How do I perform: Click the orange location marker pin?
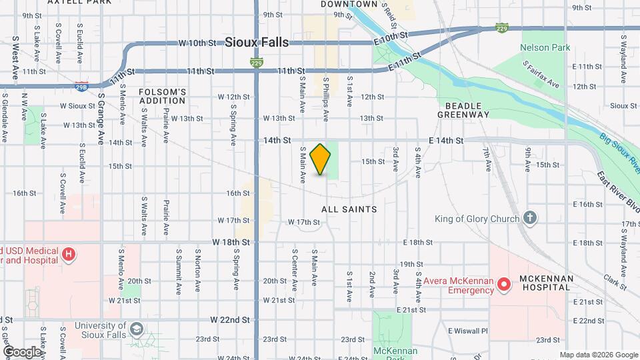(321, 159)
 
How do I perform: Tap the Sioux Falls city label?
(257, 42)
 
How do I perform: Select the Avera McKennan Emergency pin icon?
(505, 285)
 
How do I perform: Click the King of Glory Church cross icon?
(529, 218)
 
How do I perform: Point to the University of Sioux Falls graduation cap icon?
(137, 329)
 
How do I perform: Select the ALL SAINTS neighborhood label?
(349, 209)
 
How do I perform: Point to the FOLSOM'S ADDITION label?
(162, 96)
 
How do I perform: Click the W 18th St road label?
(231, 243)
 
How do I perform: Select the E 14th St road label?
(446, 140)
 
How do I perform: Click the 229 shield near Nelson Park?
(503, 28)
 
